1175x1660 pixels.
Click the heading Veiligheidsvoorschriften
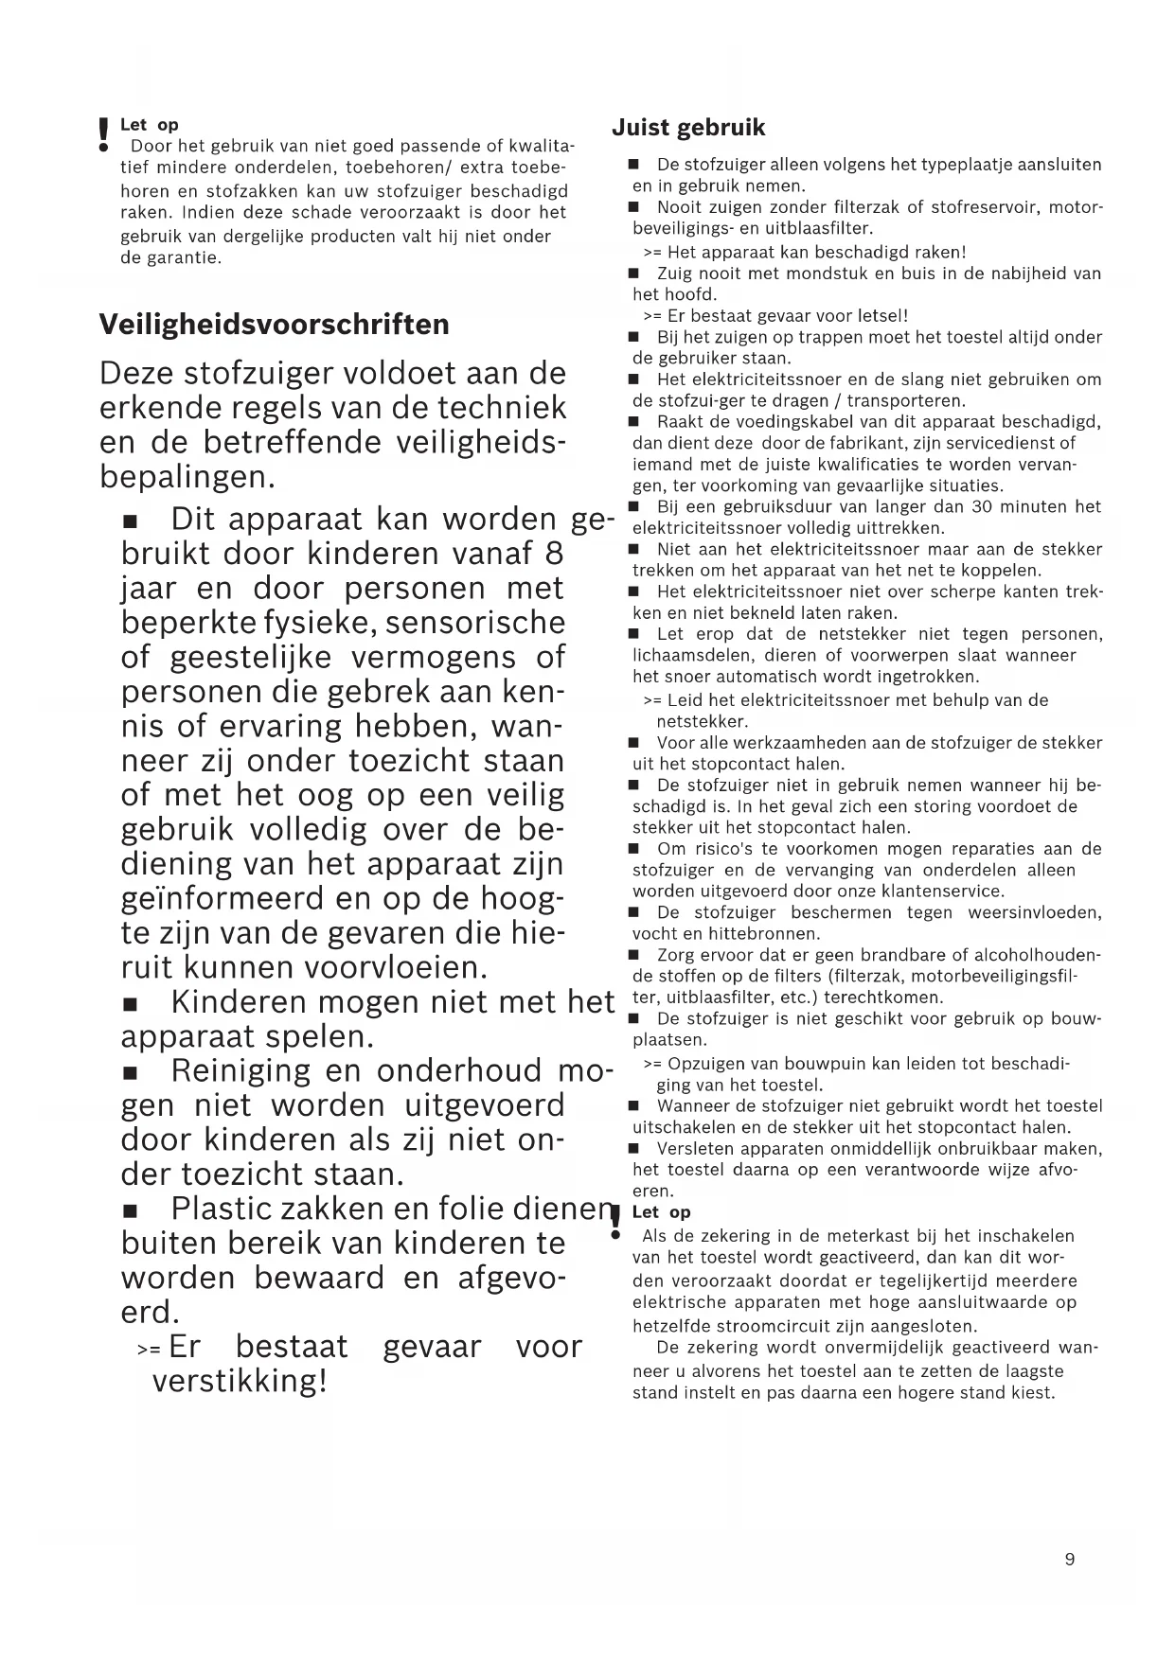[x=275, y=325]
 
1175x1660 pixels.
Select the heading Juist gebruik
[x=688, y=128]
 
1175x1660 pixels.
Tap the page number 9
[x=1070, y=1560]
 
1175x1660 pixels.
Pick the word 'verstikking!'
[x=240, y=1381]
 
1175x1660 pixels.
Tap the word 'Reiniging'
[x=240, y=1070]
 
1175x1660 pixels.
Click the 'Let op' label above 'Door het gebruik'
[x=150, y=125]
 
